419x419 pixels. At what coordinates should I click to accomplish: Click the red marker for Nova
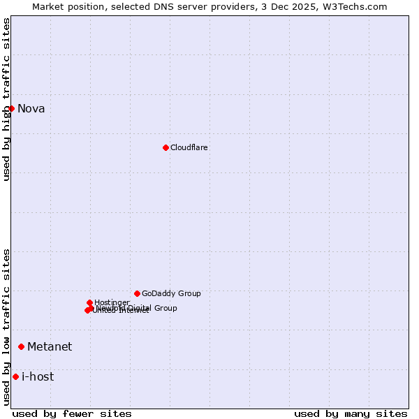[11, 108]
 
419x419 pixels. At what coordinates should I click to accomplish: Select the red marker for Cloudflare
[166, 147]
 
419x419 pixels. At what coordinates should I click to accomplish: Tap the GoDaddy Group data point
[137, 293]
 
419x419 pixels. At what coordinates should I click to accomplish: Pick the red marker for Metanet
[22, 346]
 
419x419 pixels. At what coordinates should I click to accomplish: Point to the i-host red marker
[15, 377]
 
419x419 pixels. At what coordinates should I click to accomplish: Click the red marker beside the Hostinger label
[89, 302]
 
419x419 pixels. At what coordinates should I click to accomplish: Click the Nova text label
[31, 108]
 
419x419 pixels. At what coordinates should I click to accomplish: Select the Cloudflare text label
[189, 147]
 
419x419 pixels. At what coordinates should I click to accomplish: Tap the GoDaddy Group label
[171, 293]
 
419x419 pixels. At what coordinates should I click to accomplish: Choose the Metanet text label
[50, 346]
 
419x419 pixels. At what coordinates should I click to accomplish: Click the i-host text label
[38, 377]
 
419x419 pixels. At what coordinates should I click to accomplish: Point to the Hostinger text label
[112, 302]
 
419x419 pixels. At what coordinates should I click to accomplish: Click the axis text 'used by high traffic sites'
[6, 99]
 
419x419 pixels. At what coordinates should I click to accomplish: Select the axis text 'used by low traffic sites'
[6, 327]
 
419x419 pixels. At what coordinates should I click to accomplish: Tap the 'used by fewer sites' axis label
[72, 413]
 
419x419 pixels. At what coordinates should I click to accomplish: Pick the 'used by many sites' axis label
[351, 413]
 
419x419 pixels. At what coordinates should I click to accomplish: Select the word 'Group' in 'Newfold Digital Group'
[165, 308]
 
